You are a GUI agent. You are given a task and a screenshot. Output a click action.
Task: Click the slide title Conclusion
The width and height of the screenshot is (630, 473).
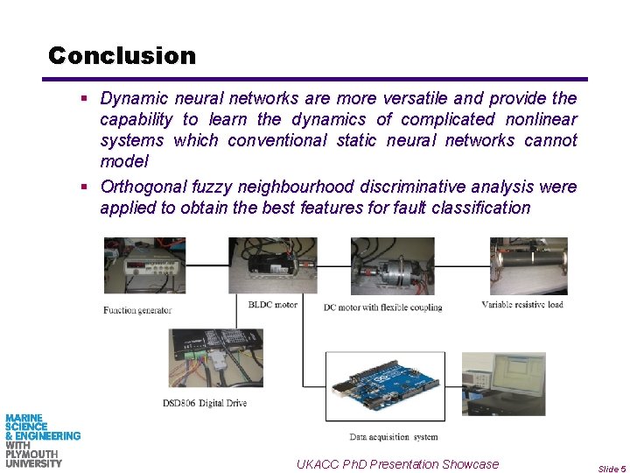(x=122, y=56)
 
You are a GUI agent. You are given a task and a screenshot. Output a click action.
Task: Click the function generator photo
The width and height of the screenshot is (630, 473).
(x=144, y=268)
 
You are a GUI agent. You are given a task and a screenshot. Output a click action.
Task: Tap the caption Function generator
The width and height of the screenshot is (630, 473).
(x=137, y=310)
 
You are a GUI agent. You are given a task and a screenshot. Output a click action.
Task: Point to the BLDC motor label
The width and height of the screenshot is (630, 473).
(x=273, y=305)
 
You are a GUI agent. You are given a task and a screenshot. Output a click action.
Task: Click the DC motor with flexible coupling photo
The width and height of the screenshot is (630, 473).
(x=392, y=266)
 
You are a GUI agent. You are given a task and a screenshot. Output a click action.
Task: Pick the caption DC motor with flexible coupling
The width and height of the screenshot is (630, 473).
(x=382, y=307)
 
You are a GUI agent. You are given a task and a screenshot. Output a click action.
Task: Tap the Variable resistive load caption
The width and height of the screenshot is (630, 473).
(x=522, y=305)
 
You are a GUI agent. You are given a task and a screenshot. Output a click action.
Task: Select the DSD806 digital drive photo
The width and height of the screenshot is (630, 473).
(x=216, y=358)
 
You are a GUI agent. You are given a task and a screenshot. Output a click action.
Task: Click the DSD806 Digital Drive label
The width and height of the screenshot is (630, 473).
(x=204, y=403)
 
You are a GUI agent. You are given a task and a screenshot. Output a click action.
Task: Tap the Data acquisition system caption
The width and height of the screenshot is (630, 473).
(x=394, y=436)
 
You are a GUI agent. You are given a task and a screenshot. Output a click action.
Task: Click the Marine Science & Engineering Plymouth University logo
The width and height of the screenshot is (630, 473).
(x=42, y=441)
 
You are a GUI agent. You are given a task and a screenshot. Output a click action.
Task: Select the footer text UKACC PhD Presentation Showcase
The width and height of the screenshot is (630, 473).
(x=397, y=464)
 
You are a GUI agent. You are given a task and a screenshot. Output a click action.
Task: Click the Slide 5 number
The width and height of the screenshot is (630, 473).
(x=612, y=469)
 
